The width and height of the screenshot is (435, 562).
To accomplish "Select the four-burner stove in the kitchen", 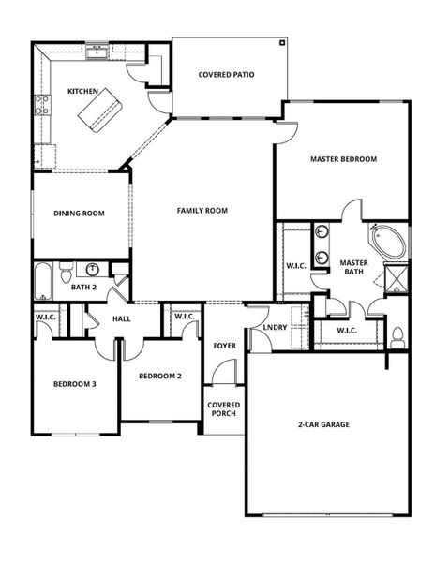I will [41, 105].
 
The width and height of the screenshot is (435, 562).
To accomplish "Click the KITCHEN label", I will [83, 91].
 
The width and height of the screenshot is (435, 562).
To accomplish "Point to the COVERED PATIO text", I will [227, 74].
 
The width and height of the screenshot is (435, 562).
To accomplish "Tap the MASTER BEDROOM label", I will [343, 159].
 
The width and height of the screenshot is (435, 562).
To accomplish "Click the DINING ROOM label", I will [79, 213].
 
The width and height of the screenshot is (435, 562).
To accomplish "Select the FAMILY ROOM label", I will [202, 211].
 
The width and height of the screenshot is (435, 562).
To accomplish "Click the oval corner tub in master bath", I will [387, 244].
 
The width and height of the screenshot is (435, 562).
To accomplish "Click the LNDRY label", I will [275, 327].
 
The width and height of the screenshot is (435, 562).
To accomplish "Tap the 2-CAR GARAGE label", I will [323, 424].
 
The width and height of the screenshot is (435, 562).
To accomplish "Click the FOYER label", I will [224, 345].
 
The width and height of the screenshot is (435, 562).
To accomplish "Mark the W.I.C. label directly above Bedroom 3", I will [49, 318].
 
